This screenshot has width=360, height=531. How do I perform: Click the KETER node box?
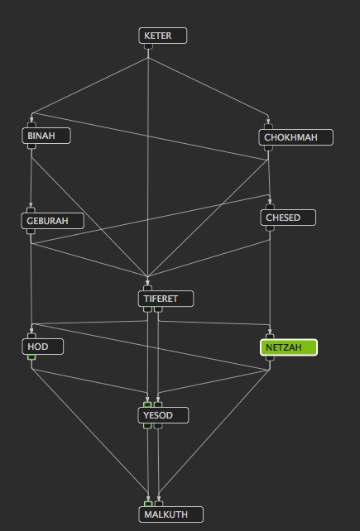point(163,36)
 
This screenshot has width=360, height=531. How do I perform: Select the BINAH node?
point(46,136)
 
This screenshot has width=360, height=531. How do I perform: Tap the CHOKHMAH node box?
point(296,137)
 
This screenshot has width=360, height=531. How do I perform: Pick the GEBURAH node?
point(52,221)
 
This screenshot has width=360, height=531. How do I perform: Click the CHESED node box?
point(288,218)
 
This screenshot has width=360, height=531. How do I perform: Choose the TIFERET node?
point(166,299)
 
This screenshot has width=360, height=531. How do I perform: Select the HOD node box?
point(43,347)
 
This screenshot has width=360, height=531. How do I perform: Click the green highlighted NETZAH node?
point(289,347)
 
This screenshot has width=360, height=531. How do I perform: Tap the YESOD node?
point(163,415)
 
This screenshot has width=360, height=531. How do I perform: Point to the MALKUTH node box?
point(171,514)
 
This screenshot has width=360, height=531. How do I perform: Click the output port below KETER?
point(148,46)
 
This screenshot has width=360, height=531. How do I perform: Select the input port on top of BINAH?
point(31,125)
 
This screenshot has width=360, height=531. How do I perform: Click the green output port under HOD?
point(31,357)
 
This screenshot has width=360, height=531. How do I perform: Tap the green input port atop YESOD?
point(147,404)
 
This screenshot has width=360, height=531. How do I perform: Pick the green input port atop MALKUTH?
point(148,504)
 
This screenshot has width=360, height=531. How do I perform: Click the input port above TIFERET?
point(148,288)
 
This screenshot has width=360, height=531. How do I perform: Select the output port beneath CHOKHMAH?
point(268,148)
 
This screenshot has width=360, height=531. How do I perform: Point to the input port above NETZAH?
point(270,337)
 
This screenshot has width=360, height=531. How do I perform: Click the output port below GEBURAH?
point(31,232)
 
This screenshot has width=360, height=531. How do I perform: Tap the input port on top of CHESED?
point(270,207)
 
